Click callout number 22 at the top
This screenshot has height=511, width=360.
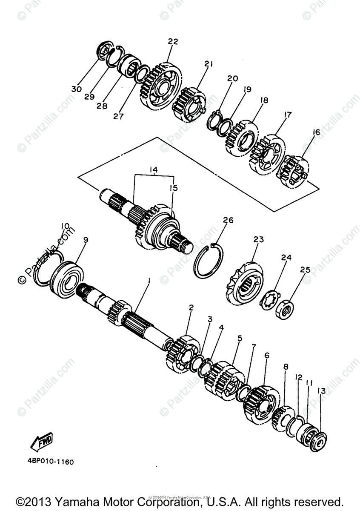click(173, 41)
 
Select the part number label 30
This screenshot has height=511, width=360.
click(76, 89)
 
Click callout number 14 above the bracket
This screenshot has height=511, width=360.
click(153, 170)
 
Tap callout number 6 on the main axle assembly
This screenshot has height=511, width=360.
click(267, 355)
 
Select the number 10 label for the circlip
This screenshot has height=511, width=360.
click(65, 225)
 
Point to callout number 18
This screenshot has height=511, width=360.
click(264, 100)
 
